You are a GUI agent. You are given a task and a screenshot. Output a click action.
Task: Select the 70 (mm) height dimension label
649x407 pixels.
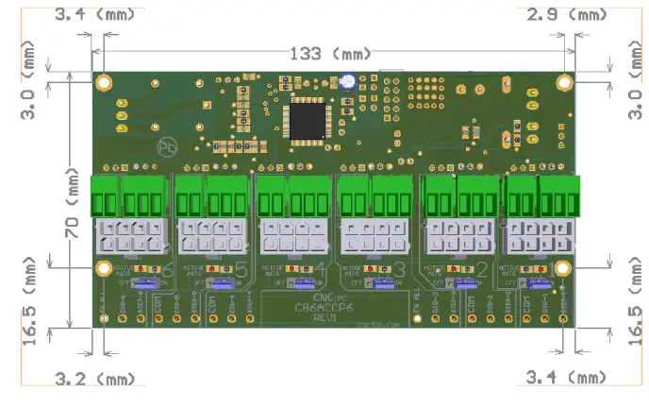click(x=73, y=204)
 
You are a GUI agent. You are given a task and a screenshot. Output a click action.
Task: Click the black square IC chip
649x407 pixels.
click(x=308, y=119)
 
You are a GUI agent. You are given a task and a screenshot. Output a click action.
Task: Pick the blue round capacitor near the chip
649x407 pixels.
click(x=348, y=82)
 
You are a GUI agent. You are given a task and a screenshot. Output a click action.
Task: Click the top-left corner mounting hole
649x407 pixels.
click(x=105, y=81)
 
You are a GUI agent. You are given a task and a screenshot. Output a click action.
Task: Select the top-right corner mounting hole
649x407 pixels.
click(x=564, y=82)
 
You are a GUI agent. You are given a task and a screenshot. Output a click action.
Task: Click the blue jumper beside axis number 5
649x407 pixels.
click(x=224, y=281)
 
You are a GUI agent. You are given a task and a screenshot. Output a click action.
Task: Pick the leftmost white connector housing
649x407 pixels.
click(x=131, y=237)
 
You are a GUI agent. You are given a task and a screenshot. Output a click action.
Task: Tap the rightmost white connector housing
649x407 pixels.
click(x=541, y=237)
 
